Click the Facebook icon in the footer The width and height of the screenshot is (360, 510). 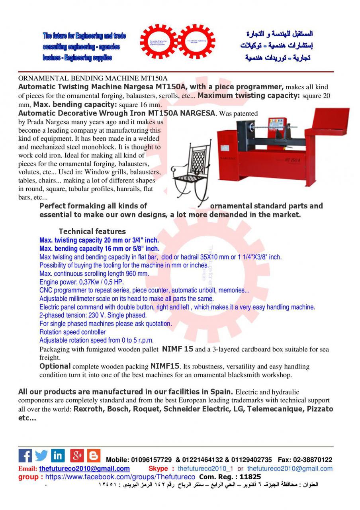(25, 456)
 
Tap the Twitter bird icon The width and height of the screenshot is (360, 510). (41, 456)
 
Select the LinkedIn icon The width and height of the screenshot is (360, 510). (58, 456)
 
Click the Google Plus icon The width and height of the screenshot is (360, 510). (77, 456)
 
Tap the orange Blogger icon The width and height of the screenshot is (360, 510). (94, 456)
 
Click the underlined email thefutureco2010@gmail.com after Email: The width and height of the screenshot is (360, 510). (84, 469)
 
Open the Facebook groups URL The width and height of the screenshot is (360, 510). (120, 477)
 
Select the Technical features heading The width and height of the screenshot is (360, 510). (92, 231)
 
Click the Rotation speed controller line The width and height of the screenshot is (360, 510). (72, 332)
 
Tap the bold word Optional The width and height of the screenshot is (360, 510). (55, 366)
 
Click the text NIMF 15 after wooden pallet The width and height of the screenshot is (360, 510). (178, 349)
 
